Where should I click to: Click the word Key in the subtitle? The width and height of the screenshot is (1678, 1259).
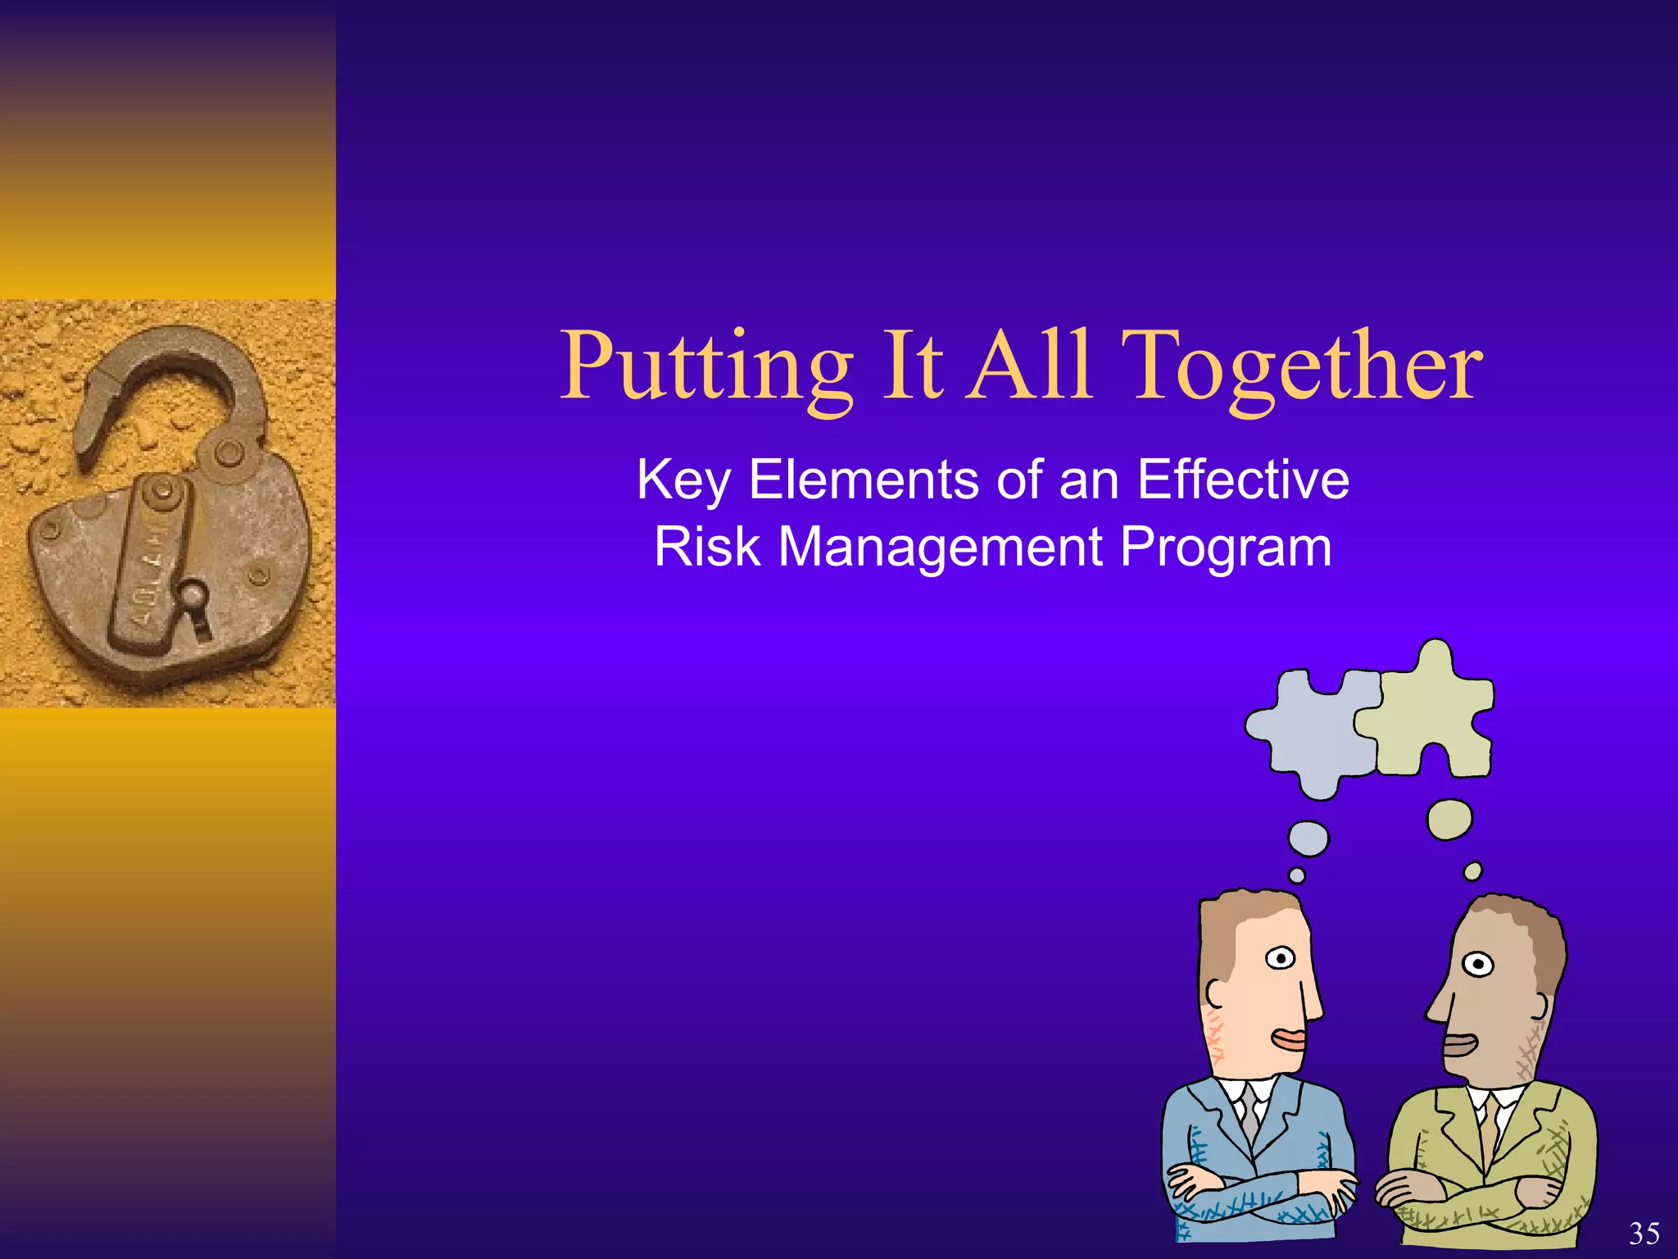click(x=683, y=481)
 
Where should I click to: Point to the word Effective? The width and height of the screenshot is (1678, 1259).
click(x=1243, y=480)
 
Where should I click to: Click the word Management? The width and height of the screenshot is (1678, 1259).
click(x=940, y=548)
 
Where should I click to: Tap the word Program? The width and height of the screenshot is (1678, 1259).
click(x=1226, y=548)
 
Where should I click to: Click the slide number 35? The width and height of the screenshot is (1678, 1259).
click(x=1644, y=1234)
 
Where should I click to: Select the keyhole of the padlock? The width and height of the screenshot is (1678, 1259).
click(x=197, y=607)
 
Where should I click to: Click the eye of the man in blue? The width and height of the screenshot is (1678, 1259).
click(x=1280, y=957)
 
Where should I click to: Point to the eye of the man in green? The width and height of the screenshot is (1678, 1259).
click(x=1478, y=964)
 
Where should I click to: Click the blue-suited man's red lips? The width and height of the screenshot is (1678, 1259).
click(x=1289, y=1039)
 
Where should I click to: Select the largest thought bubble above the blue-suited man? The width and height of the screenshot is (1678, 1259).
click(x=1308, y=839)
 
